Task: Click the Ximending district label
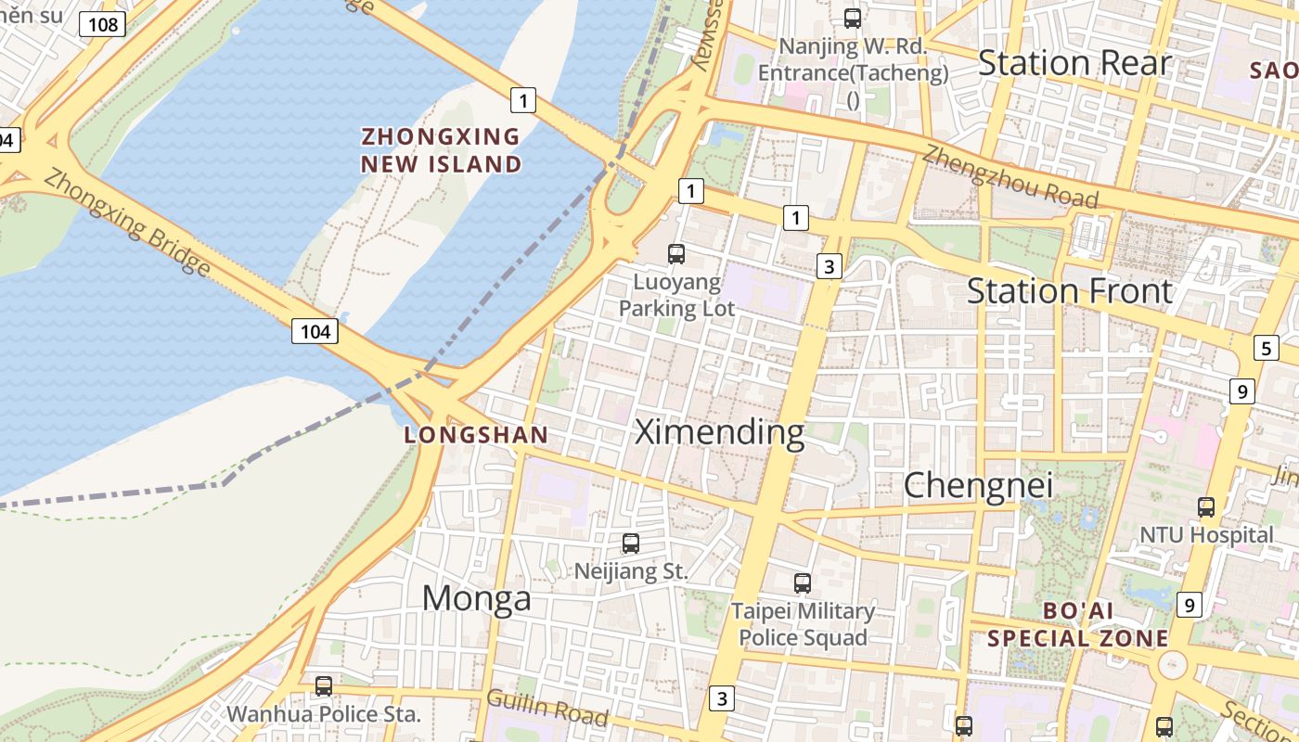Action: pyautogui.click(x=719, y=432)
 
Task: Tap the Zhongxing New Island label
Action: pyautogui.click(x=441, y=150)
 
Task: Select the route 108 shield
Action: pyautogui.click(x=102, y=24)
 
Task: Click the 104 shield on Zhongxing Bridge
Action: pyautogui.click(x=315, y=331)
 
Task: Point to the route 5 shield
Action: pyautogui.click(x=1266, y=349)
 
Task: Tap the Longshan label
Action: pyautogui.click(x=476, y=435)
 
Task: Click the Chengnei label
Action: pyautogui.click(x=978, y=485)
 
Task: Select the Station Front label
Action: pyautogui.click(x=1069, y=291)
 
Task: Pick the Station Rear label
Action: pyautogui.click(x=1074, y=63)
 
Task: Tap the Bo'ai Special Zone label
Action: pyautogui.click(x=1077, y=625)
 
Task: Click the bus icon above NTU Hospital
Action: pyautogui.click(x=1206, y=507)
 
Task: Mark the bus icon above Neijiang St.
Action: pyautogui.click(x=631, y=544)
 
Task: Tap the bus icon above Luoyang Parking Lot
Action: pyautogui.click(x=676, y=253)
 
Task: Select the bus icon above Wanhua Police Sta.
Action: pyautogui.click(x=323, y=686)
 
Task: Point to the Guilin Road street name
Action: pyautogui.click(x=547, y=708)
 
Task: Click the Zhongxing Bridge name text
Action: pyautogui.click(x=126, y=222)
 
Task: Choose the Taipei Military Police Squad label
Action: pyautogui.click(x=803, y=624)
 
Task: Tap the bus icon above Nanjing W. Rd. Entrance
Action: pyautogui.click(x=852, y=18)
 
